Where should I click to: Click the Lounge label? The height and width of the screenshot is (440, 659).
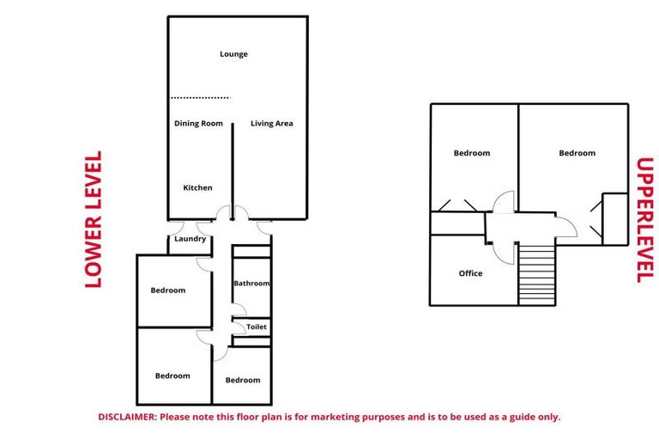(233, 54)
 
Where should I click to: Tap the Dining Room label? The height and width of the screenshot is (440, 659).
(198, 124)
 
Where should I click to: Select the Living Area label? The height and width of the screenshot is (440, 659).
(272, 124)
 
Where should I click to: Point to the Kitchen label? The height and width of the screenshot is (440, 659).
(197, 187)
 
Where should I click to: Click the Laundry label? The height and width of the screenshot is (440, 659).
(190, 239)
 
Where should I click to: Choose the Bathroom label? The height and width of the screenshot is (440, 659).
(251, 284)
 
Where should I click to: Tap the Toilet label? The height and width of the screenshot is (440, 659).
(257, 327)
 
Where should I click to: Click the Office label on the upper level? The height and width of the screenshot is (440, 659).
(470, 273)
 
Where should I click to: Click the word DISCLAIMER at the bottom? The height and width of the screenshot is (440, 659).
(126, 417)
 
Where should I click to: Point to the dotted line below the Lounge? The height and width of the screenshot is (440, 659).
(200, 98)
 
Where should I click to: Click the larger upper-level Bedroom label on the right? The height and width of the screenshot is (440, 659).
(577, 153)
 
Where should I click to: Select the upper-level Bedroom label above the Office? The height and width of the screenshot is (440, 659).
(472, 153)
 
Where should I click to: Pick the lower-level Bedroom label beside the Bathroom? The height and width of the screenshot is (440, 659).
(168, 290)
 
